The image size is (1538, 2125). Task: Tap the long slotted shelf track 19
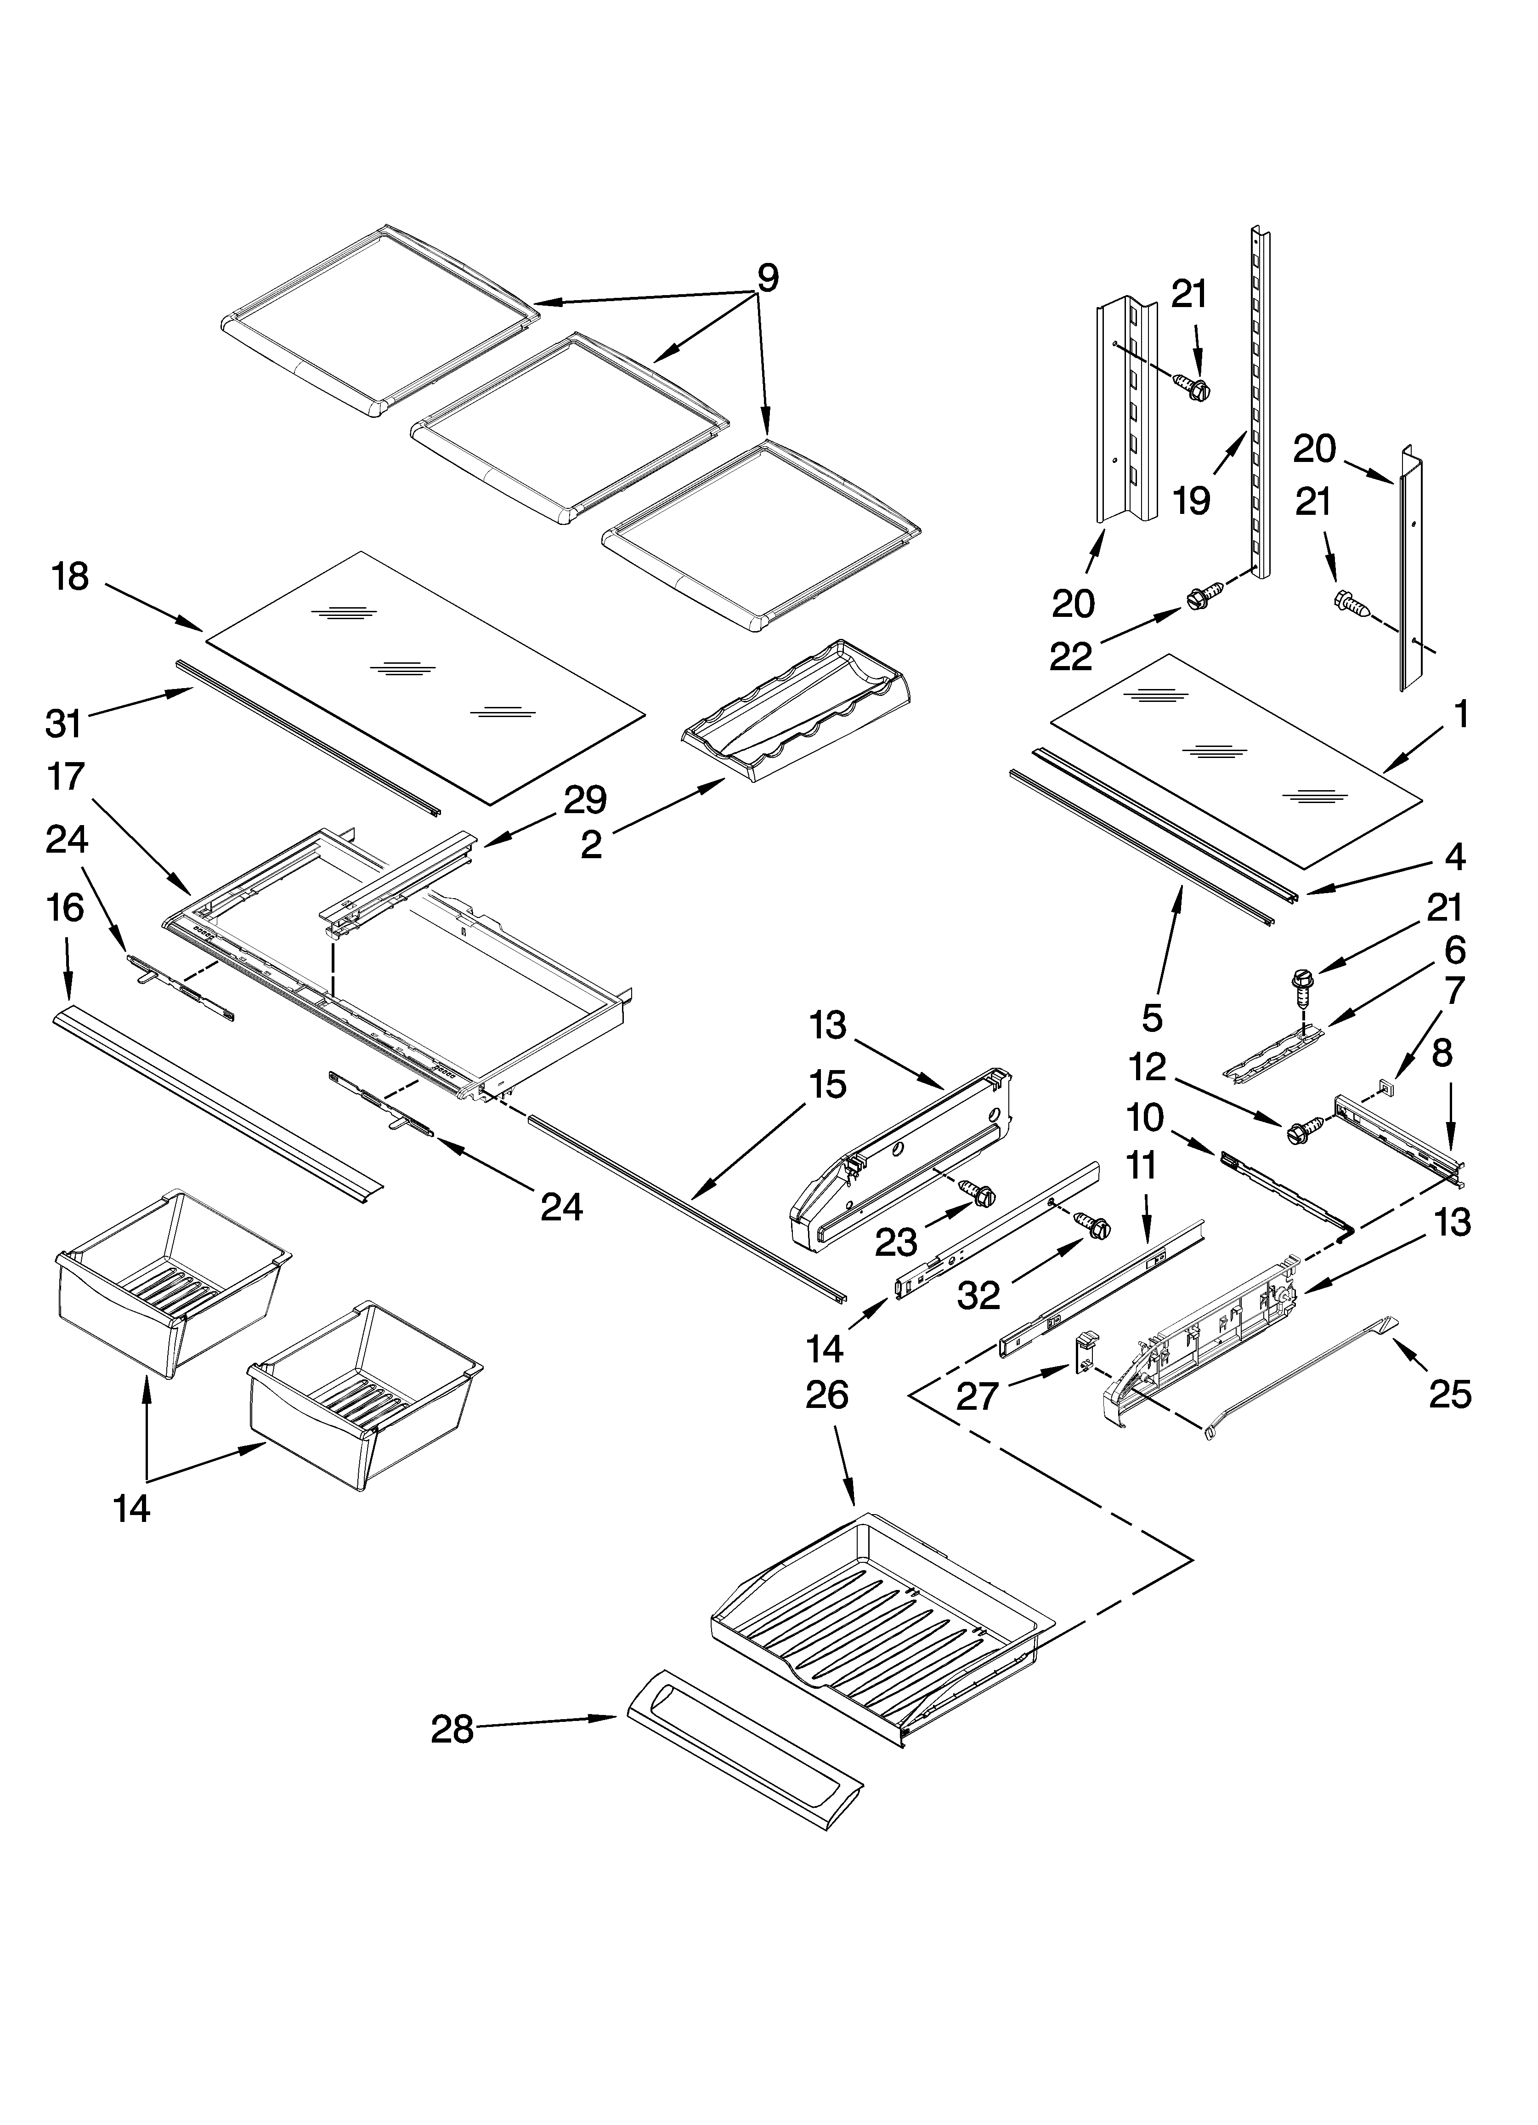1260,403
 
